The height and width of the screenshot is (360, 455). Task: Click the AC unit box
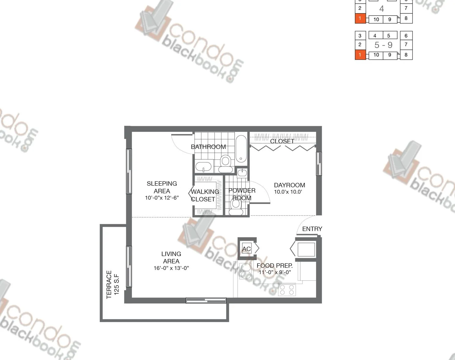(247, 249)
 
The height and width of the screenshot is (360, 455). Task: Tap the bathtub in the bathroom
(241, 149)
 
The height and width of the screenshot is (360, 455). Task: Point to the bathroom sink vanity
(204, 167)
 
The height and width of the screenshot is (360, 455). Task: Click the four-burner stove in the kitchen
(287, 289)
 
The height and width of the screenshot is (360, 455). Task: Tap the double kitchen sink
(245, 271)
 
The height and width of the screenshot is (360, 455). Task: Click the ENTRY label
(312, 229)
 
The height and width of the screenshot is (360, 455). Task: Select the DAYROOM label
(289, 185)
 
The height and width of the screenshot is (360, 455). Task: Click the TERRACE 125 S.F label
(112, 284)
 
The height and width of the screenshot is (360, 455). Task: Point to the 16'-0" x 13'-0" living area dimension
(171, 268)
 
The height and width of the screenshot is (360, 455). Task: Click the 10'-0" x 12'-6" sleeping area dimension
(162, 198)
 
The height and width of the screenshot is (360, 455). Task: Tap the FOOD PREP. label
(274, 266)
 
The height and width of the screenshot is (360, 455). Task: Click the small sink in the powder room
(242, 173)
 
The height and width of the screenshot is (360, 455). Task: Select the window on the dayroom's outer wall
(319, 164)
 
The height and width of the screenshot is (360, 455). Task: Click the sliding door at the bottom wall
(206, 300)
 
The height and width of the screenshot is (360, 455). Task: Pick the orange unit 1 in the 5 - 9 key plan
(360, 55)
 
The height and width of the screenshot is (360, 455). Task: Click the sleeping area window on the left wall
(129, 171)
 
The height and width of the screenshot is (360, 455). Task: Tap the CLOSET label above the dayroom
(282, 141)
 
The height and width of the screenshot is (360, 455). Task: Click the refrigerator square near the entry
(306, 249)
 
